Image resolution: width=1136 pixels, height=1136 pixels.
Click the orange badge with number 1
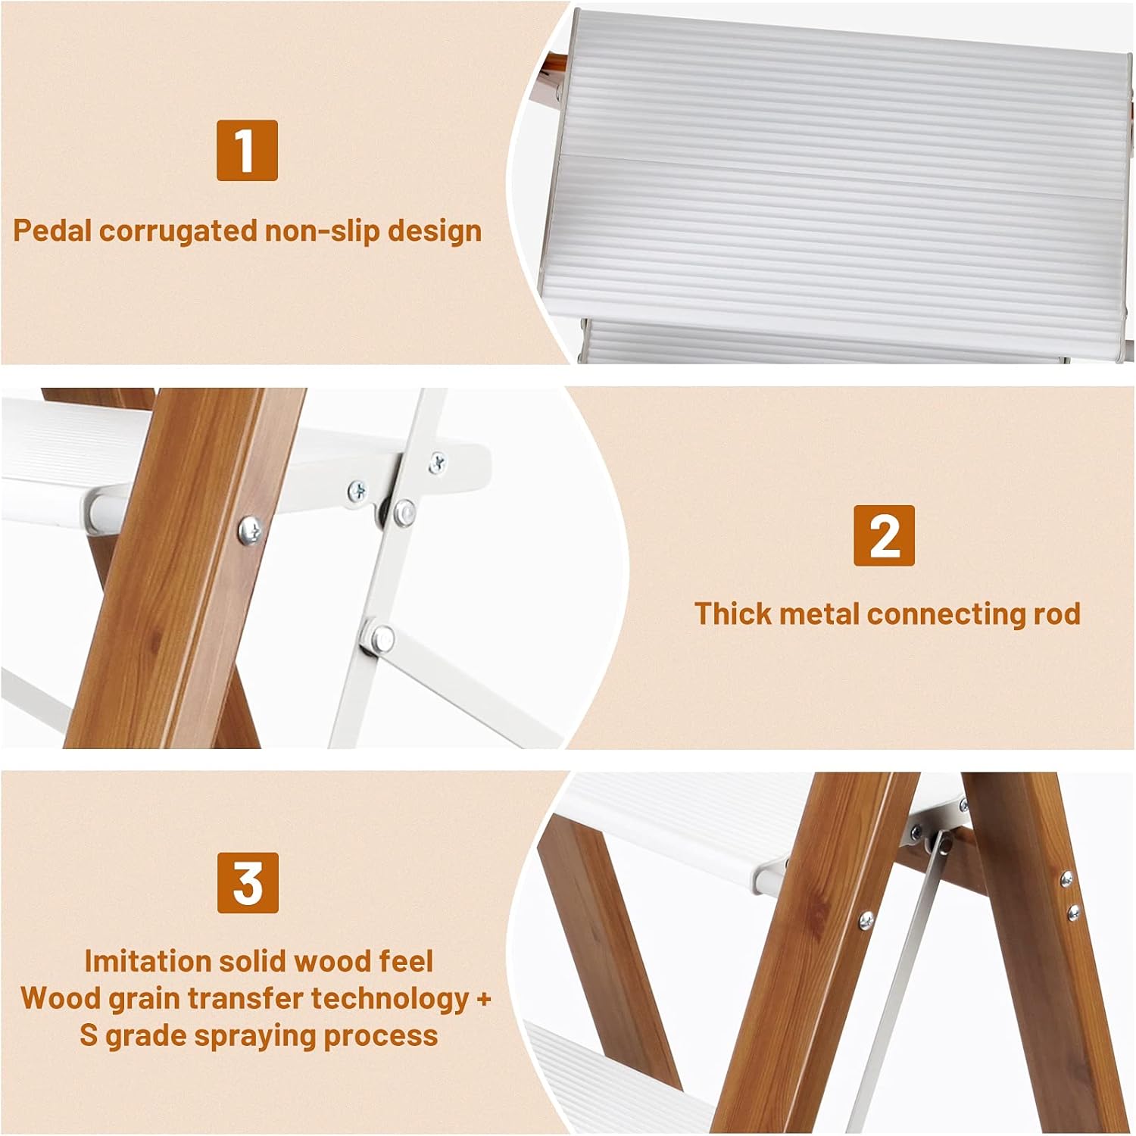[x=247, y=151]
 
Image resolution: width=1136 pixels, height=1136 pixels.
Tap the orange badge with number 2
[x=884, y=535]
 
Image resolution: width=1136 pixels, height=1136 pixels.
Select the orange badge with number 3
[x=248, y=883]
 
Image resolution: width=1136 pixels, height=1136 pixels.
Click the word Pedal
[x=52, y=230]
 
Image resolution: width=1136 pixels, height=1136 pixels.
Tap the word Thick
[x=733, y=613]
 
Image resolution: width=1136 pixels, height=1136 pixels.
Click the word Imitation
[x=148, y=961]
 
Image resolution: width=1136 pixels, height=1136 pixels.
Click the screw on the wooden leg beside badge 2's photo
[x=250, y=529]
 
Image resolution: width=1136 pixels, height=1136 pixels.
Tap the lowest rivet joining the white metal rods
[x=380, y=638]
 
